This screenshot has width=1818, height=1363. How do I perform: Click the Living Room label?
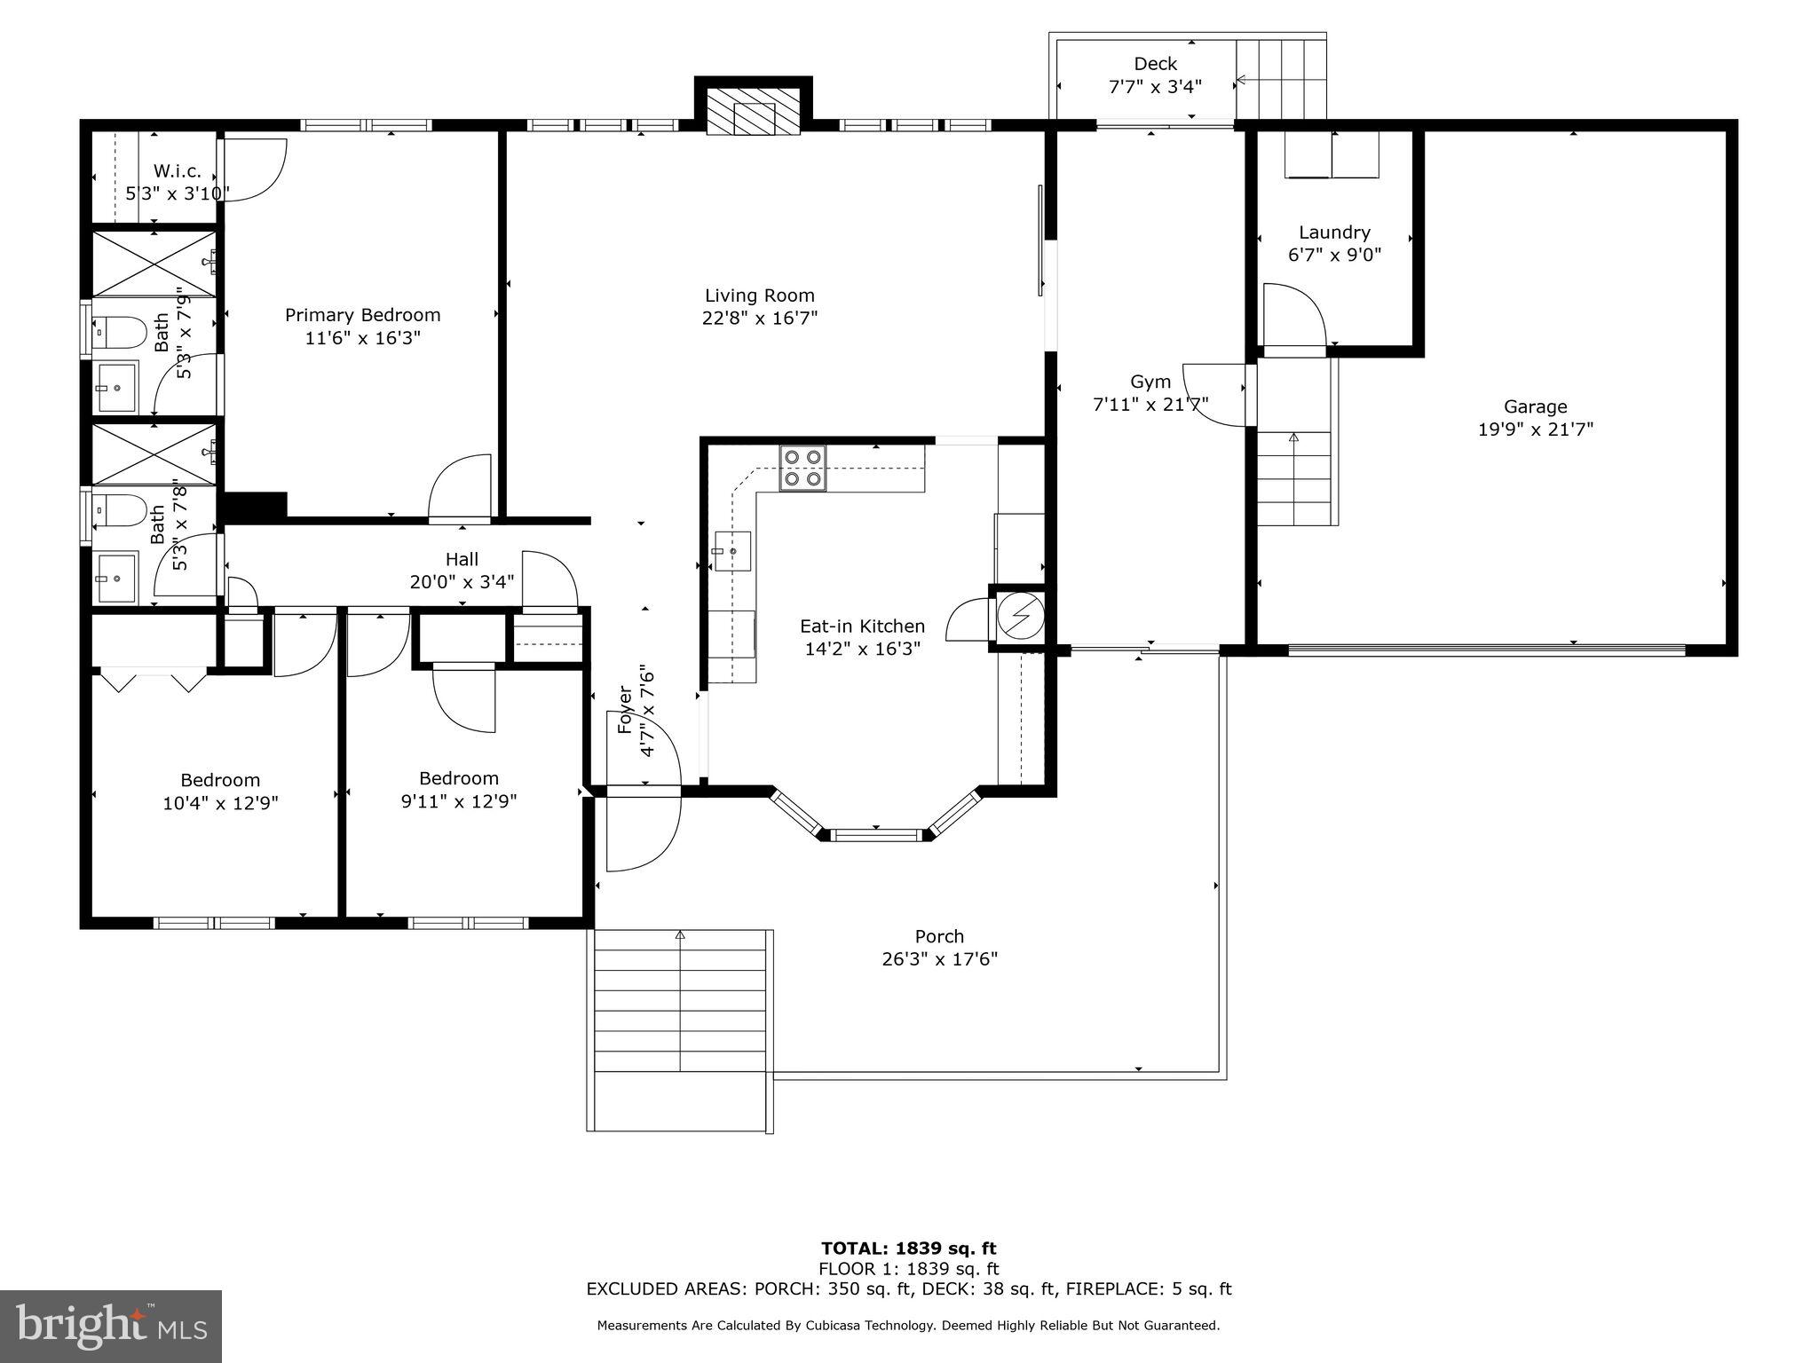(x=759, y=295)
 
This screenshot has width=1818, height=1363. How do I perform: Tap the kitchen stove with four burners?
(x=802, y=469)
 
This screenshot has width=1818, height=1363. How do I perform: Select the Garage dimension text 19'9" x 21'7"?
(x=1535, y=429)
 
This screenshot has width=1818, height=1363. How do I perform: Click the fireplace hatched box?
(x=754, y=111)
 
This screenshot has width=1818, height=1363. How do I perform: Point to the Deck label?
(x=1155, y=64)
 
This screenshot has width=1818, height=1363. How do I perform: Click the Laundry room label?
(x=1334, y=232)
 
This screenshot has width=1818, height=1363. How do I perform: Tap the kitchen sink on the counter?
(x=732, y=551)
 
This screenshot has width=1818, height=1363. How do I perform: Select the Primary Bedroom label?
(x=362, y=315)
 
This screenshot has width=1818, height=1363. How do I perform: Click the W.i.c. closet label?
(x=178, y=170)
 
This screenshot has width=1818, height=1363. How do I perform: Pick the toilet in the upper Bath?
(x=123, y=334)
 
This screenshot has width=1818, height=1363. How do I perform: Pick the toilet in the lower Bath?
(x=123, y=511)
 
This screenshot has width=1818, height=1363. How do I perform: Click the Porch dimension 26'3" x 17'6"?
(x=939, y=959)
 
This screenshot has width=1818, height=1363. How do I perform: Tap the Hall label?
(x=462, y=559)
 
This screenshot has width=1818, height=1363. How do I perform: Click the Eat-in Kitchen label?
(x=862, y=626)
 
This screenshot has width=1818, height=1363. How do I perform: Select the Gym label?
(x=1150, y=382)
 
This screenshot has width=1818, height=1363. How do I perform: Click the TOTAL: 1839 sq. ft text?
(x=909, y=1249)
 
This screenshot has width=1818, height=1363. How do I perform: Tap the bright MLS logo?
(x=111, y=1327)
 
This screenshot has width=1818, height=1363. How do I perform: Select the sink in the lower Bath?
(x=116, y=578)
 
